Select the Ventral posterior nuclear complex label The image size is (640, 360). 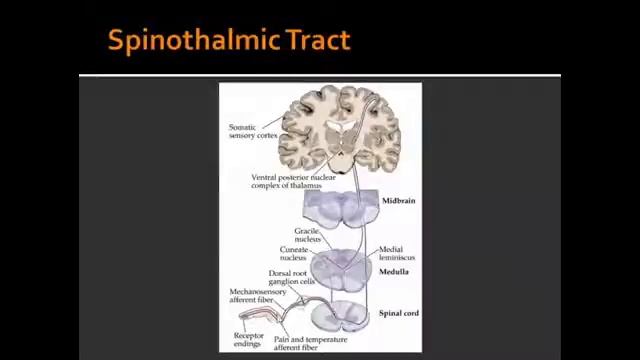[293, 181]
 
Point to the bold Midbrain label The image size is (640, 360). [398, 201]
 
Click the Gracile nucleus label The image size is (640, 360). [306, 235]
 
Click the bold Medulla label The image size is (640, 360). [394, 272]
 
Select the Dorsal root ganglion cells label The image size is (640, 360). [294, 277]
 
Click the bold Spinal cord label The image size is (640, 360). [398, 313]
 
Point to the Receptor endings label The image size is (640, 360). [248, 340]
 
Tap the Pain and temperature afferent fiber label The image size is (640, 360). [310, 343]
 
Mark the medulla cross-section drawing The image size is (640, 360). [341, 266]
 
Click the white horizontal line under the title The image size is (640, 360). [320, 75]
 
